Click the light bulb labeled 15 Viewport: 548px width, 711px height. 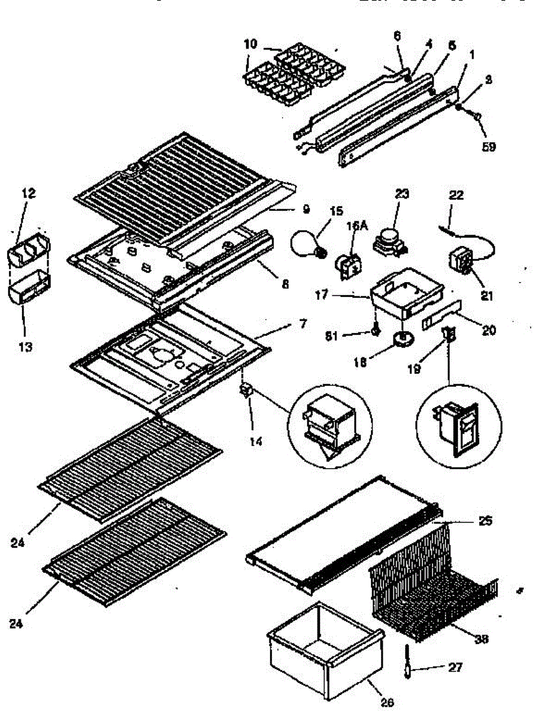[x=307, y=243]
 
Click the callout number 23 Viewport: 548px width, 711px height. [x=402, y=194]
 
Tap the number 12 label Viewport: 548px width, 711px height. [x=28, y=193]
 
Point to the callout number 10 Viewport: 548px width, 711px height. [x=250, y=44]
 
